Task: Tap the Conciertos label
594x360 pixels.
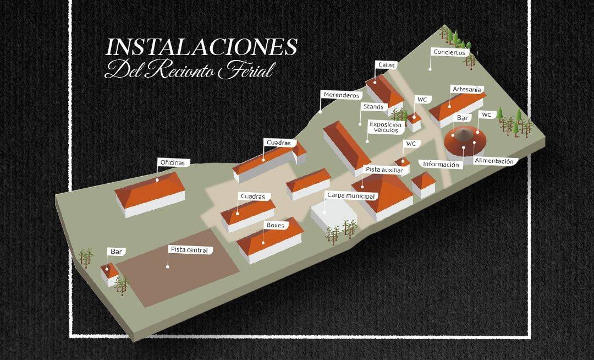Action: click(449, 53)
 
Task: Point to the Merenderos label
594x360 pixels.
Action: click(341, 95)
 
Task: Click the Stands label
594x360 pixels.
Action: click(373, 106)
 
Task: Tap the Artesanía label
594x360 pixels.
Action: click(466, 89)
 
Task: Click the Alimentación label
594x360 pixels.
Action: click(494, 161)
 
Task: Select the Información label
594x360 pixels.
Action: click(441, 165)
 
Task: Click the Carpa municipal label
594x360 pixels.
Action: click(351, 196)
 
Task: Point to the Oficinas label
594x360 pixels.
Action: click(174, 163)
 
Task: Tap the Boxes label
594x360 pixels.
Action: click(274, 225)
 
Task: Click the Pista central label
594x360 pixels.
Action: click(189, 250)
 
